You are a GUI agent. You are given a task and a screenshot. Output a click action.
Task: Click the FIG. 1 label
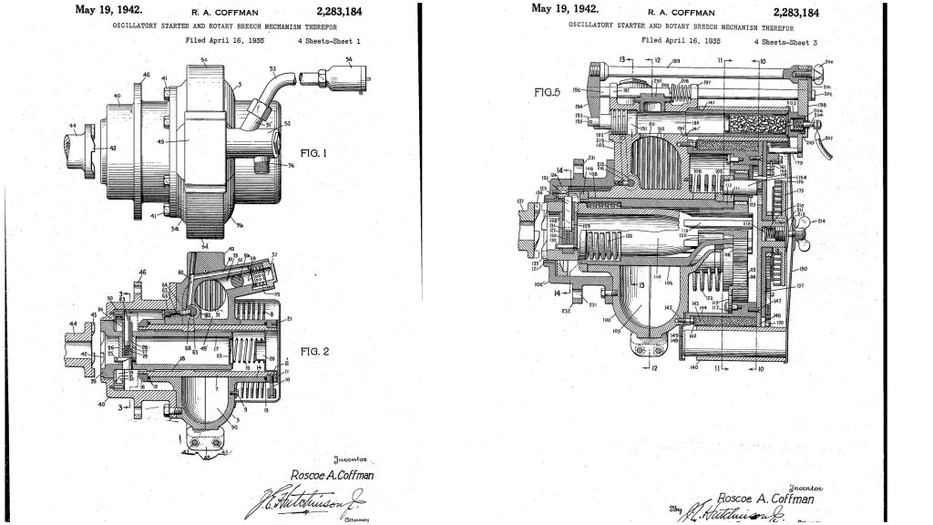[x=313, y=153]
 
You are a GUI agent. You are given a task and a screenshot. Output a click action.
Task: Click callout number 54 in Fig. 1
[x=351, y=60]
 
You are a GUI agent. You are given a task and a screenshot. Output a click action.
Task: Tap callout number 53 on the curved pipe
[x=272, y=67]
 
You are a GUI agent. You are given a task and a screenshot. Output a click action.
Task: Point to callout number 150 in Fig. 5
[x=803, y=271]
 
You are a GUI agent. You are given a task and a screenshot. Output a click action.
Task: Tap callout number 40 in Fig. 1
[x=117, y=95]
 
